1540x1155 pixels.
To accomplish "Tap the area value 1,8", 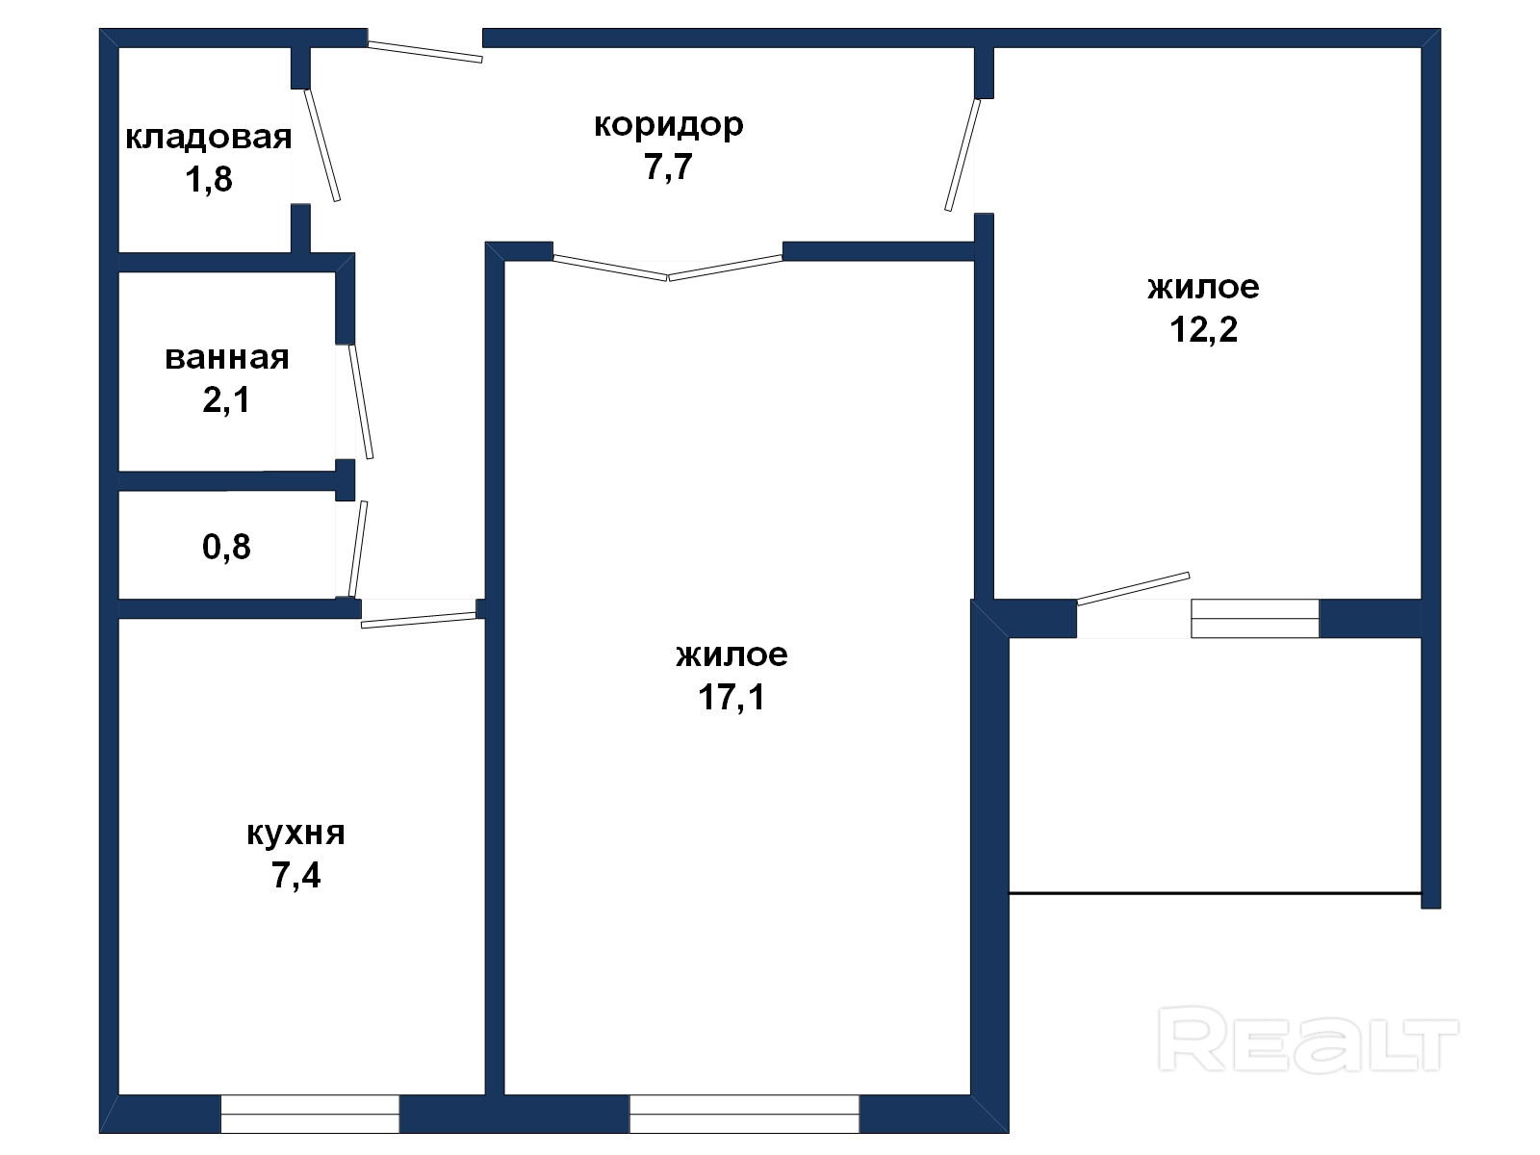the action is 208,179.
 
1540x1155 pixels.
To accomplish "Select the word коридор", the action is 669,126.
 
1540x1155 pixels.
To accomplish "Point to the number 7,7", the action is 669,167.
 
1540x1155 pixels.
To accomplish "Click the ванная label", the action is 226,358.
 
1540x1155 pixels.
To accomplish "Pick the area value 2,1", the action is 226,399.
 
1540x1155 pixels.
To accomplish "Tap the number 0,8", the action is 226,547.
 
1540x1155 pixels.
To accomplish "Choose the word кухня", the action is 295,834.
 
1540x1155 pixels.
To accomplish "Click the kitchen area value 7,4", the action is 295,875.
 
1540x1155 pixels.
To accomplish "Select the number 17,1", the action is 731,697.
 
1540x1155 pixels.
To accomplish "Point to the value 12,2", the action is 1203,329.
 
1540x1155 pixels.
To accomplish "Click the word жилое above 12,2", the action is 1203,288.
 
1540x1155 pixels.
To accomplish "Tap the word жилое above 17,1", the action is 731,655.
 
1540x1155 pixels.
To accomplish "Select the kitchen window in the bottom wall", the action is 310,1114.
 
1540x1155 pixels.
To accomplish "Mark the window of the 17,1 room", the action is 744,1114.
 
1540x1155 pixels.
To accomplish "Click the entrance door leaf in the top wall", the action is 425,52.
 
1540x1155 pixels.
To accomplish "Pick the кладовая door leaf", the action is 322,145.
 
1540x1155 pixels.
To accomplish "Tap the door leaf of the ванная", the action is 361,401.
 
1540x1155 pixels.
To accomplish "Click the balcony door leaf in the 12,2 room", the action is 1133,588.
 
